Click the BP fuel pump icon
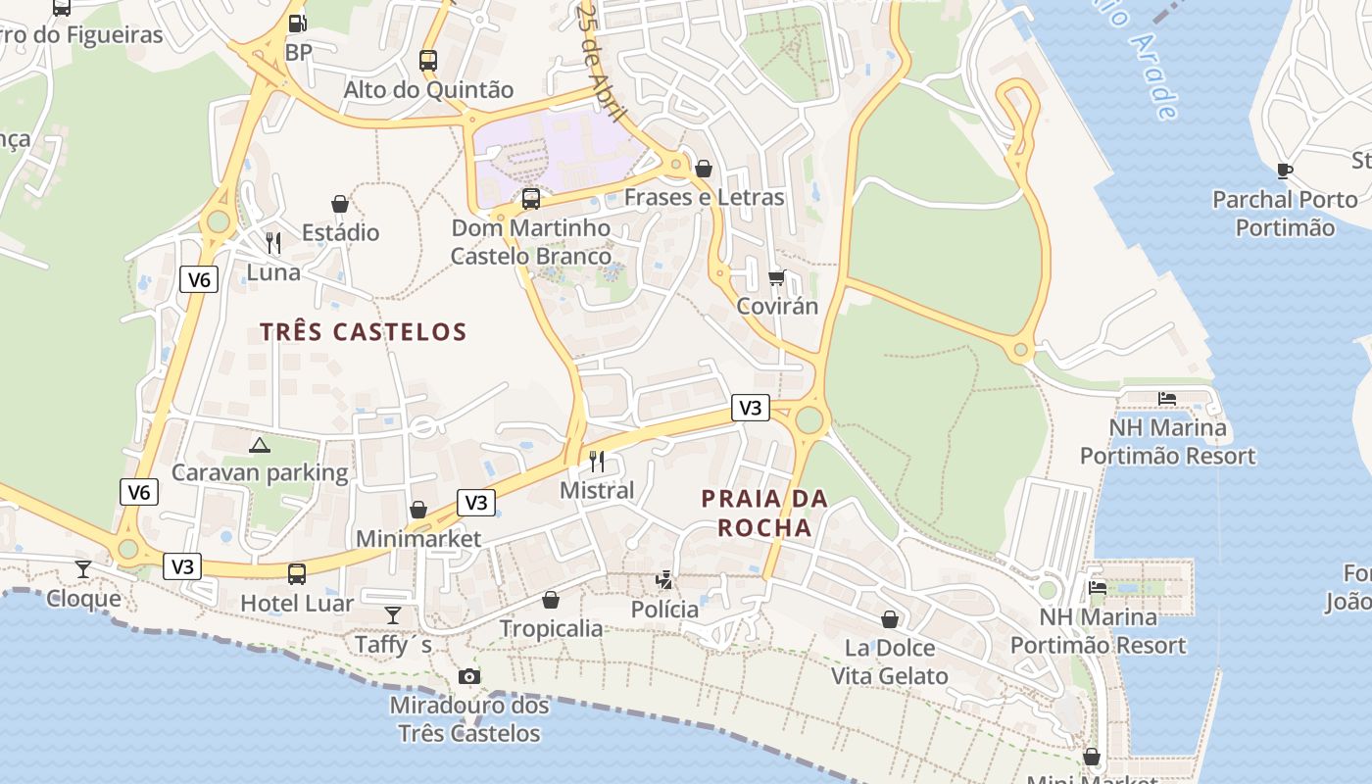297,24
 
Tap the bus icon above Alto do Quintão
428,60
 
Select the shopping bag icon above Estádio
340,204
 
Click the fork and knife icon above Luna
273,242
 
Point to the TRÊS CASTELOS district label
363,332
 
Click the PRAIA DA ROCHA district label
764,513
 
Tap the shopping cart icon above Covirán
777,278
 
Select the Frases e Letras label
704,197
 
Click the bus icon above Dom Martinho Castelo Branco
531,199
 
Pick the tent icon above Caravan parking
260,445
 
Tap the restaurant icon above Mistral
597,461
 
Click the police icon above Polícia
665,580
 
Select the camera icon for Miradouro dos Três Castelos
469,676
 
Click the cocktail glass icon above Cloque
83,569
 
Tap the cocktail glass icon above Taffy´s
393,615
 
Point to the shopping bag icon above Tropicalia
551,600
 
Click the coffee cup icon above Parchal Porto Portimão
1285,171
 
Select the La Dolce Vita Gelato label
890,661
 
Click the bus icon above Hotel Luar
297,573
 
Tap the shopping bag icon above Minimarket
418,510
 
